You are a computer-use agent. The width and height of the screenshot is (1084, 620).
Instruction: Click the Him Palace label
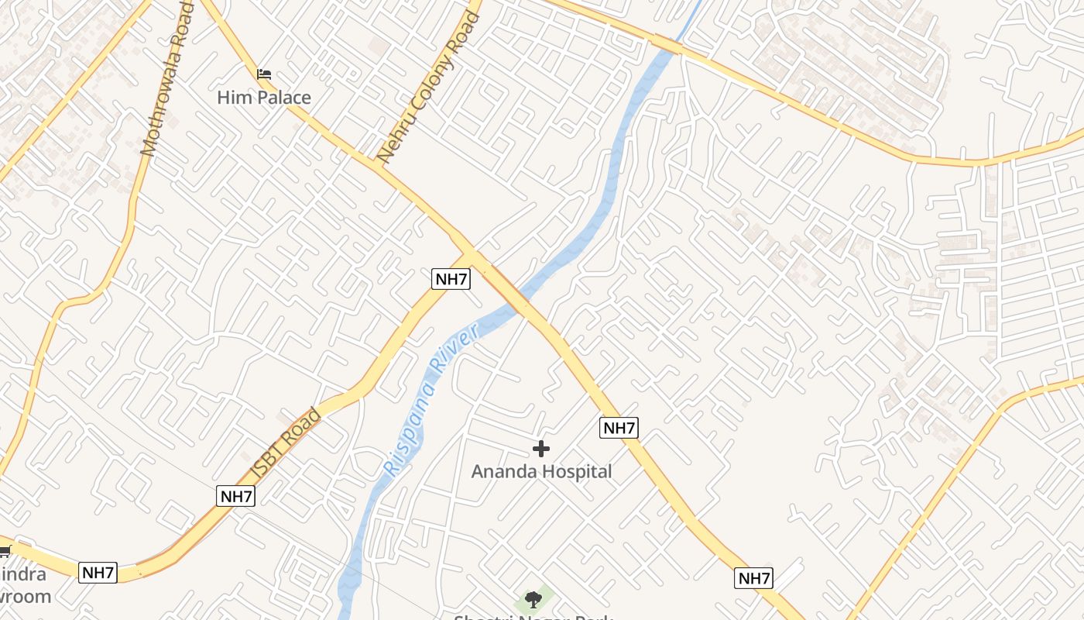(263, 98)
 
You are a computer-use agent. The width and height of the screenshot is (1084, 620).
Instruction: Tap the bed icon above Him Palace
(264, 74)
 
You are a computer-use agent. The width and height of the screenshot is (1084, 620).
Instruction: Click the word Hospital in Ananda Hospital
(577, 471)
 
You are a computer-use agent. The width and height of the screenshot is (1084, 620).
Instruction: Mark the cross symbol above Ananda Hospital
(541, 448)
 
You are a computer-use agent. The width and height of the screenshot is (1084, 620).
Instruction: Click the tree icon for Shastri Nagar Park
(533, 598)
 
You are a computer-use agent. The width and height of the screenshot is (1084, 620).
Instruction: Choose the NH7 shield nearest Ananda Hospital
(619, 427)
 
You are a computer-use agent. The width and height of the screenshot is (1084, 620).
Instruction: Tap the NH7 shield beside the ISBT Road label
(235, 496)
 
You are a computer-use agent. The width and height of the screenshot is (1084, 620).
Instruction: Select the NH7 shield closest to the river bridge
(451, 279)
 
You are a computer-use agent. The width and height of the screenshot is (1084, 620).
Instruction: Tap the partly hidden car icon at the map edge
(4, 551)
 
